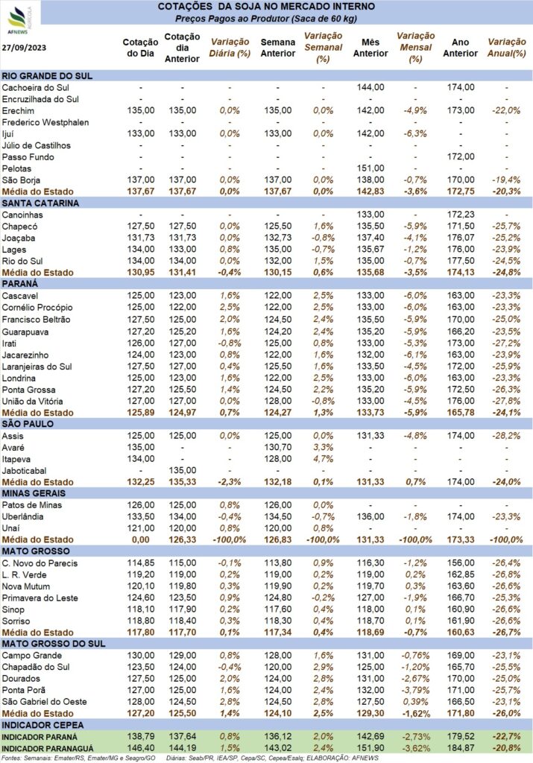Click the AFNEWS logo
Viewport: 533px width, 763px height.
[x=17, y=16]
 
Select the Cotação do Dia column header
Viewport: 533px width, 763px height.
[x=139, y=48]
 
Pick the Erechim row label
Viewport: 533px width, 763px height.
[x=19, y=110]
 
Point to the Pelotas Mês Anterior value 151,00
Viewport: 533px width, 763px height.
[x=370, y=168]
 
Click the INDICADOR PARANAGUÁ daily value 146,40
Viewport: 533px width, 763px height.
[x=139, y=748]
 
